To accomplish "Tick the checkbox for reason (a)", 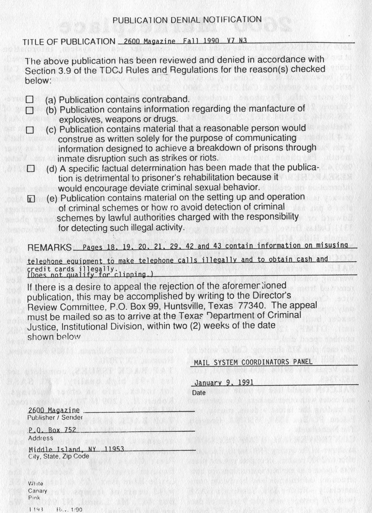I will click(x=30, y=99).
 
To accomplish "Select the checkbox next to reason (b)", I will click(x=30, y=110).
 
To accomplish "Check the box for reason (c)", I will click(x=30, y=130).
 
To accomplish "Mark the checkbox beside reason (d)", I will click(x=31, y=169).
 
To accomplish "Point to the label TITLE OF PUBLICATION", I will click(x=69, y=42).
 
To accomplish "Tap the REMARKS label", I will click(x=50, y=247).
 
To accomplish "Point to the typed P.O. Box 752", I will click(x=52, y=430).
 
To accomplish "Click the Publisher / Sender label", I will click(x=55, y=417).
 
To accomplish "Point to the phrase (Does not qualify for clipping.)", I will click(x=90, y=274).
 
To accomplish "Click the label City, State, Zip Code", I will click(x=58, y=456).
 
